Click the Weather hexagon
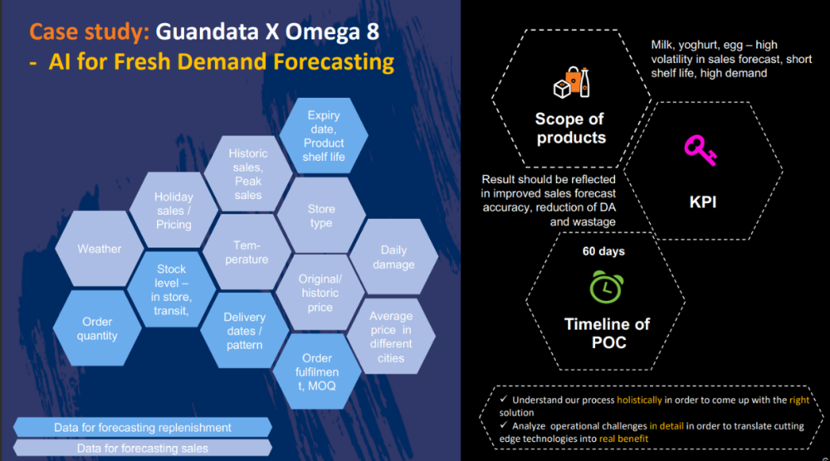[x=99, y=249]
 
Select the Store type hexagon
[x=320, y=216]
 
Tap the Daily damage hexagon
[x=393, y=257]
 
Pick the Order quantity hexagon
[x=97, y=328]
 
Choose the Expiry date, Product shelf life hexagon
[x=324, y=136]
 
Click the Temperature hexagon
[x=247, y=252]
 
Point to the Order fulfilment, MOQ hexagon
[x=317, y=371]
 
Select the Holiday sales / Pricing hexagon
[x=173, y=210]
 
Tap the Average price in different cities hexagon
[x=391, y=337]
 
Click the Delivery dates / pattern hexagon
[x=245, y=331]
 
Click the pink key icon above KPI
[x=701, y=150]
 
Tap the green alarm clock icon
[x=607, y=287]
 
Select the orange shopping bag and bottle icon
[x=572, y=82]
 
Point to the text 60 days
[x=603, y=251]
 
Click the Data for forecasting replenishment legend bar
[x=143, y=427]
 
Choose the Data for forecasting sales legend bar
[x=143, y=449]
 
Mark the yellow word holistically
[x=639, y=400]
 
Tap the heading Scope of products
[x=570, y=128]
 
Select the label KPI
[x=703, y=202]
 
